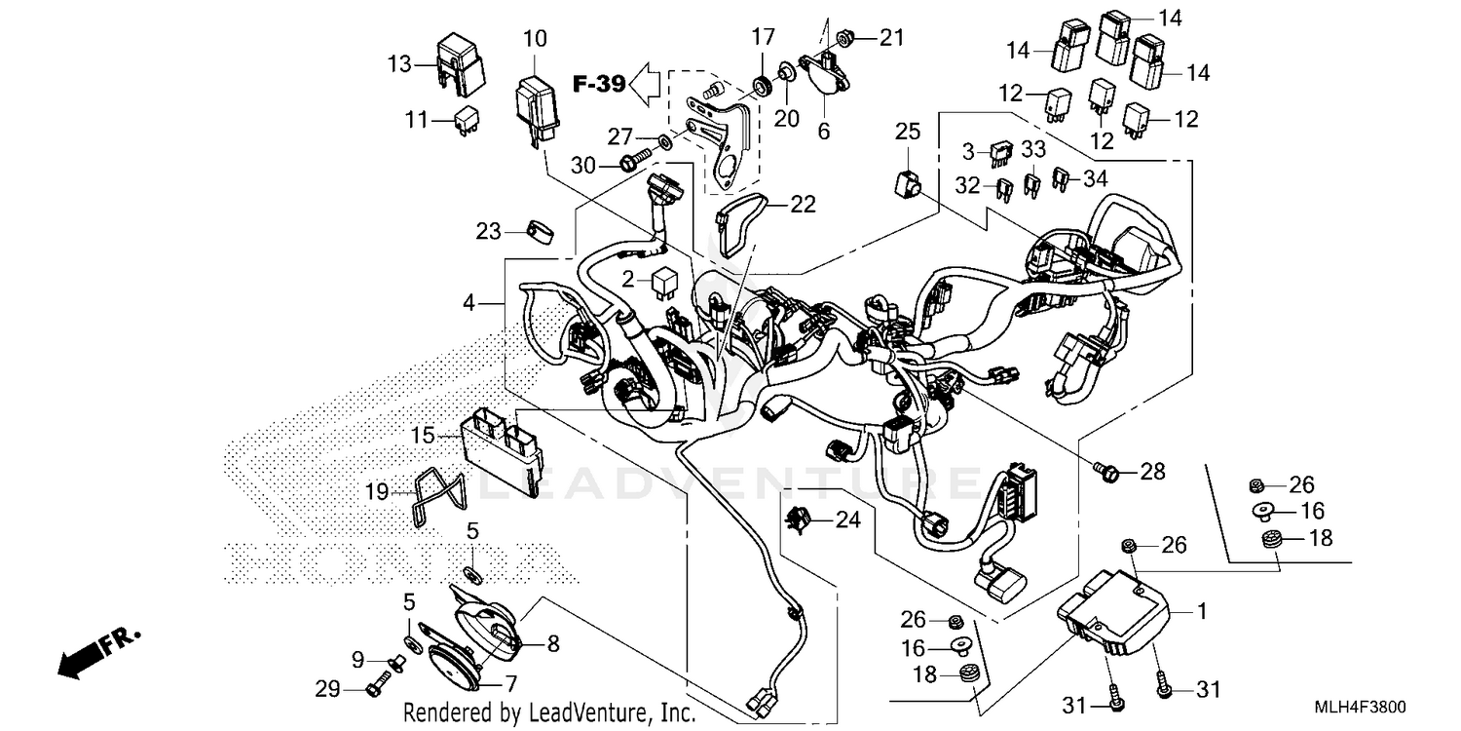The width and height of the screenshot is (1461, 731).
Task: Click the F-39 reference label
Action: (x=598, y=85)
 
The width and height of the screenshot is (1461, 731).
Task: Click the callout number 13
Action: (x=400, y=64)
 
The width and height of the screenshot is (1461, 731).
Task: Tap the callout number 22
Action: (x=804, y=204)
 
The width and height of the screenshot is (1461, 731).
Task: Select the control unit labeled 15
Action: (x=504, y=446)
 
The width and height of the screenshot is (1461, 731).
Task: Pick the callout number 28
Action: (x=1152, y=473)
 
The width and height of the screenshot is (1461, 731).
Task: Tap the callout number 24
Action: (x=847, y=520)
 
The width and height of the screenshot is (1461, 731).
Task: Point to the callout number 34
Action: (x=1095, y=178)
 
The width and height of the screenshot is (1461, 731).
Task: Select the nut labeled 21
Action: (x=846, y=38)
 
